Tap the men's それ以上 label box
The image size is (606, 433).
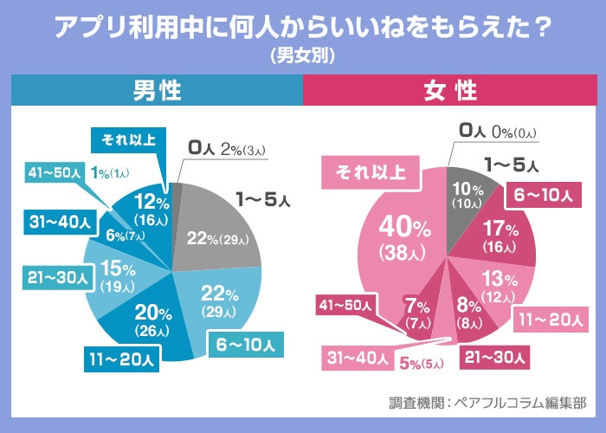123,139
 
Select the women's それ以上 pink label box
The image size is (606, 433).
364,171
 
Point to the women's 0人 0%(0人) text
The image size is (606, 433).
499,132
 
